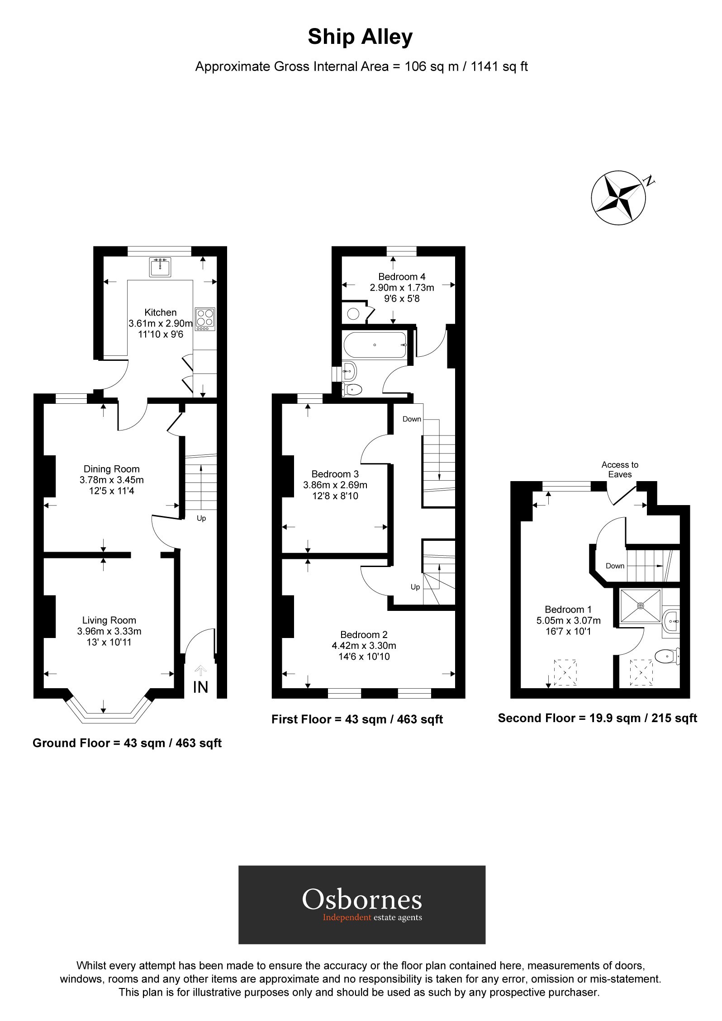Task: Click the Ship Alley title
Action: click(x=360, y=37)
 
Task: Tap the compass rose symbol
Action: click(x=618, y=198)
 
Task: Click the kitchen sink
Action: click(x=160, y=267)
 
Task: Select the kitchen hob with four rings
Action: click(x=205, y=319)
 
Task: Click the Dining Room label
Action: click(x=111, y=469)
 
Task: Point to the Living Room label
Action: click(x=109, y=620)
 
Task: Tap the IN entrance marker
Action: click(x=200, y=687)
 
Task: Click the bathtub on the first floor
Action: click(x=375, y=345)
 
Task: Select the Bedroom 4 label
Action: click(x=402, y=276)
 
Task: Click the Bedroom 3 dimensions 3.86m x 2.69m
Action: click(x=335, y=485)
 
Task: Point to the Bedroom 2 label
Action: click(x=364, y=634)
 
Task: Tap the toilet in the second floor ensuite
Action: click(x=668, y=656)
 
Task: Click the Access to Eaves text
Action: click(x=620, y=469)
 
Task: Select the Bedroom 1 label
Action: click(x=568, y=609)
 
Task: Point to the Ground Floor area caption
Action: click(x=127, y=743)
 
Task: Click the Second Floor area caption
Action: click(x=597, y=718)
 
